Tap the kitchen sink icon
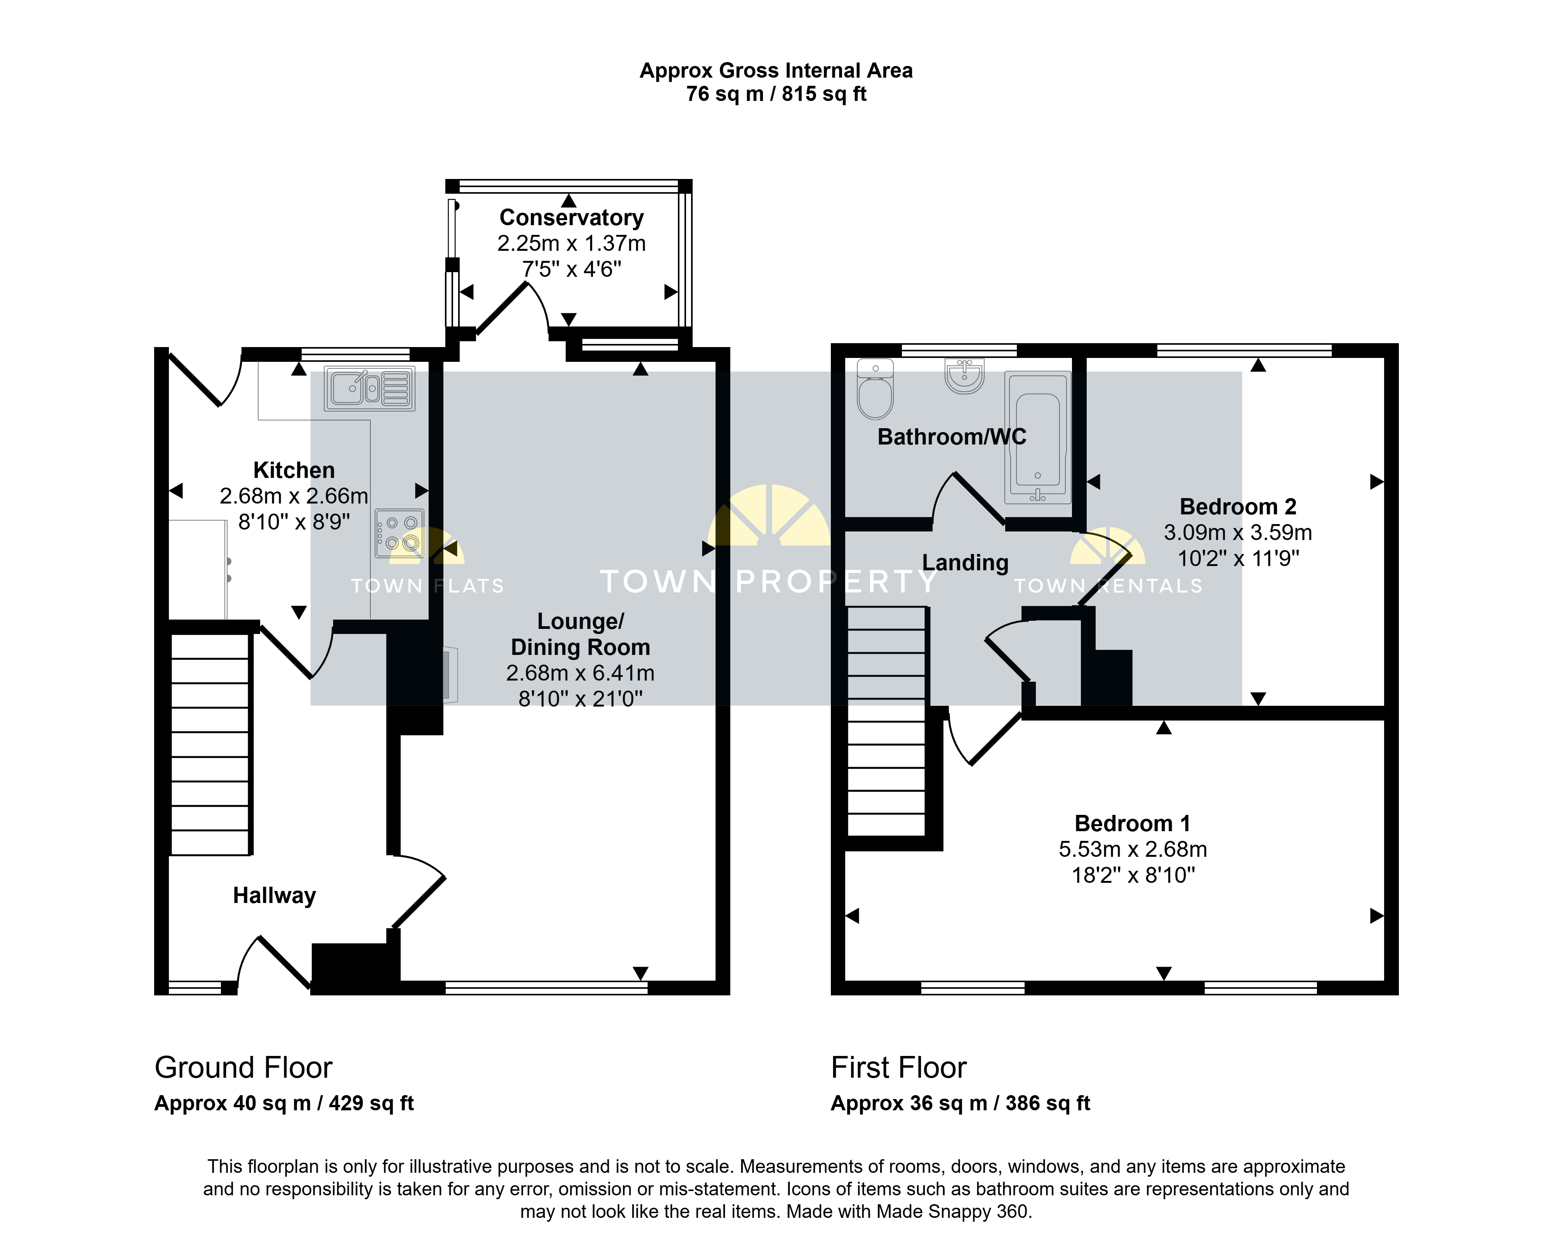369,389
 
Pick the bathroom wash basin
964,377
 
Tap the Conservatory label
571,217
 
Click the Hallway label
274,896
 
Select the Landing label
965,563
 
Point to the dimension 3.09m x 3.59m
1238,532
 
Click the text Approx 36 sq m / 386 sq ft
960,1103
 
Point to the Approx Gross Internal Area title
776,71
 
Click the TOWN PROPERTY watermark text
769,581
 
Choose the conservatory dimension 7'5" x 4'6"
571,269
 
